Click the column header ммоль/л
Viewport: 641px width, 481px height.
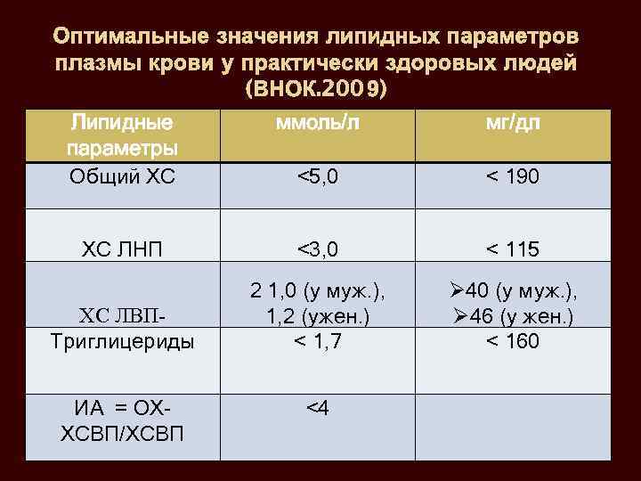click(x=317, y=125)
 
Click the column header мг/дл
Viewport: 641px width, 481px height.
click(x=512, y=125)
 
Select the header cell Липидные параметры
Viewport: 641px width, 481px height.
click(x=123, y=134)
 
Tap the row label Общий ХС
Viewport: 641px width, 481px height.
click(x=123, y=176)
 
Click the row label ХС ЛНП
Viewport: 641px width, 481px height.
click(x=123, y=249)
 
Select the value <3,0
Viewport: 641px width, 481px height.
click(x=317, y=249)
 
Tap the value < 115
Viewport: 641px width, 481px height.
click(x=512, y=249)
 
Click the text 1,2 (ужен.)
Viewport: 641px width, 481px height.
click(x=317, y=315)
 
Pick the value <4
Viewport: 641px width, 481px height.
click(x=317, y=408)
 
